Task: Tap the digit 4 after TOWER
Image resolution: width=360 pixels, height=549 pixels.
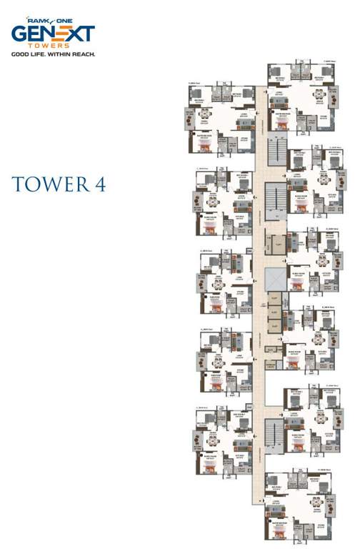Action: [100, 184]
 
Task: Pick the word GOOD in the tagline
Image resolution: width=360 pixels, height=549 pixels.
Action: [21, 54]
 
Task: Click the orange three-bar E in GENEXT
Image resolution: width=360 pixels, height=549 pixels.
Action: [58, 34]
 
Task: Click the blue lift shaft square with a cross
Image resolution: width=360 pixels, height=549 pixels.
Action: [275, 281]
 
